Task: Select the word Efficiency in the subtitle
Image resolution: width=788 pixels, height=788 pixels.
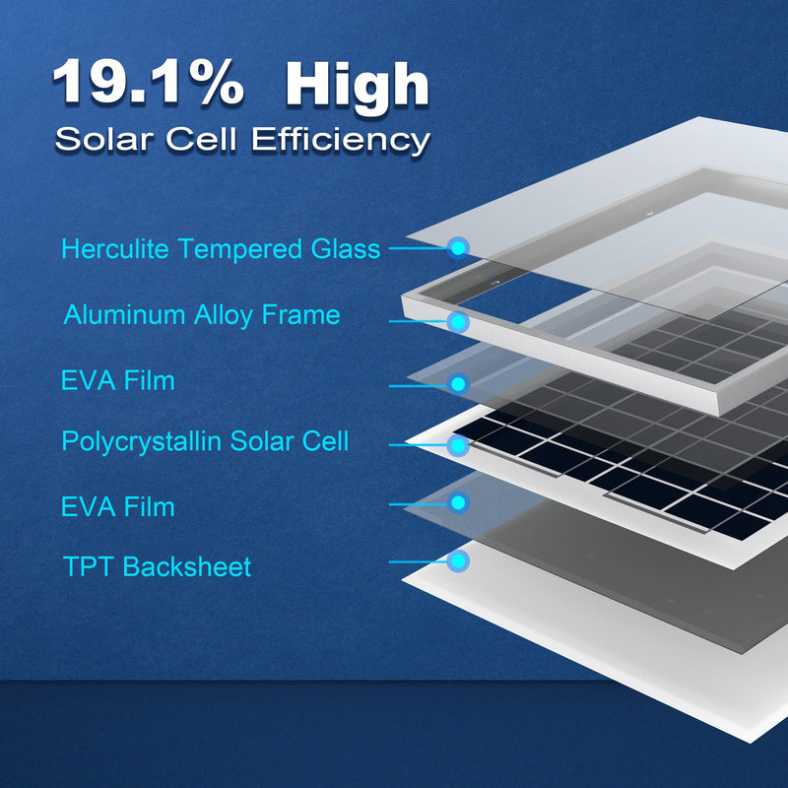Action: [341, 139]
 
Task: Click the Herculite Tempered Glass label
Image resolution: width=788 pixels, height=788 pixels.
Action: [221, 248]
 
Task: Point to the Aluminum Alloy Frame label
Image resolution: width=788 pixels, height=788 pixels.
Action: [202, 315]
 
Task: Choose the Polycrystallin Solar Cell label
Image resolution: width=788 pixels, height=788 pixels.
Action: [205, 440]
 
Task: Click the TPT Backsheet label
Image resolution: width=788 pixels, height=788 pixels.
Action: [158, 566]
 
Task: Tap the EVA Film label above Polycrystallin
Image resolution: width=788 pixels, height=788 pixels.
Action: [118, 380]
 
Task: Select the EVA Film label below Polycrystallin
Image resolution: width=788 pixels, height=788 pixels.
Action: [118, 507]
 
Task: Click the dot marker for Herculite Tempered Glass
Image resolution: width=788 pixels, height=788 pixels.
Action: [458, 247]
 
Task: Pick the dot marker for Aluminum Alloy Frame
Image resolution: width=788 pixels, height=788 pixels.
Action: [458, 321]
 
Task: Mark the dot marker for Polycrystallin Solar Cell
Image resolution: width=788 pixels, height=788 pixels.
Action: [458, 445]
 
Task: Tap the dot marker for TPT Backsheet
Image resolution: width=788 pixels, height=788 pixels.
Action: [458, 561]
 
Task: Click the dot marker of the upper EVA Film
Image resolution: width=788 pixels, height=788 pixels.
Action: [458, 383]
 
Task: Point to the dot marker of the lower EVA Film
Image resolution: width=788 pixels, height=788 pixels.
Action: [458, 502]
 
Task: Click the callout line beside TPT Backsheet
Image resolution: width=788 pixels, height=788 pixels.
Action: [419, 562]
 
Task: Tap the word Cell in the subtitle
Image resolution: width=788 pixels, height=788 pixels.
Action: [205, 139]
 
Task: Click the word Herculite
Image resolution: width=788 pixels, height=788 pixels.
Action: [116, 248]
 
